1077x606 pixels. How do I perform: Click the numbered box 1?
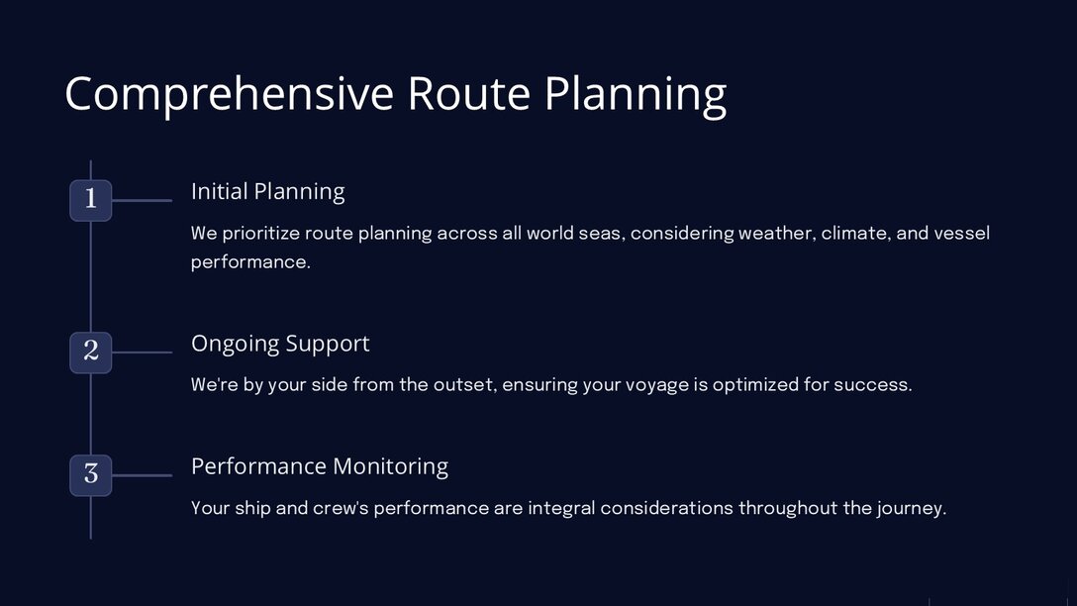91,200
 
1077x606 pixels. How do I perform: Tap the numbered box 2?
91,353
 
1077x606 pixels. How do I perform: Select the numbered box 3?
91,474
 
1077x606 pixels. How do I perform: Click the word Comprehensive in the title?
230,94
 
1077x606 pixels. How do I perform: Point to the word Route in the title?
468,93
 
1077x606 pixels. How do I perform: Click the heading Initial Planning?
268,192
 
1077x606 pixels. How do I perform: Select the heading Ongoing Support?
280,344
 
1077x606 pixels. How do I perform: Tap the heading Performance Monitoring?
320,466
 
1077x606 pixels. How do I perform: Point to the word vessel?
962,233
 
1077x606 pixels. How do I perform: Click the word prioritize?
261,234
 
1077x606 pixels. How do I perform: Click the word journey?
912,508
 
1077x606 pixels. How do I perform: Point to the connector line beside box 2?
143,353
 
